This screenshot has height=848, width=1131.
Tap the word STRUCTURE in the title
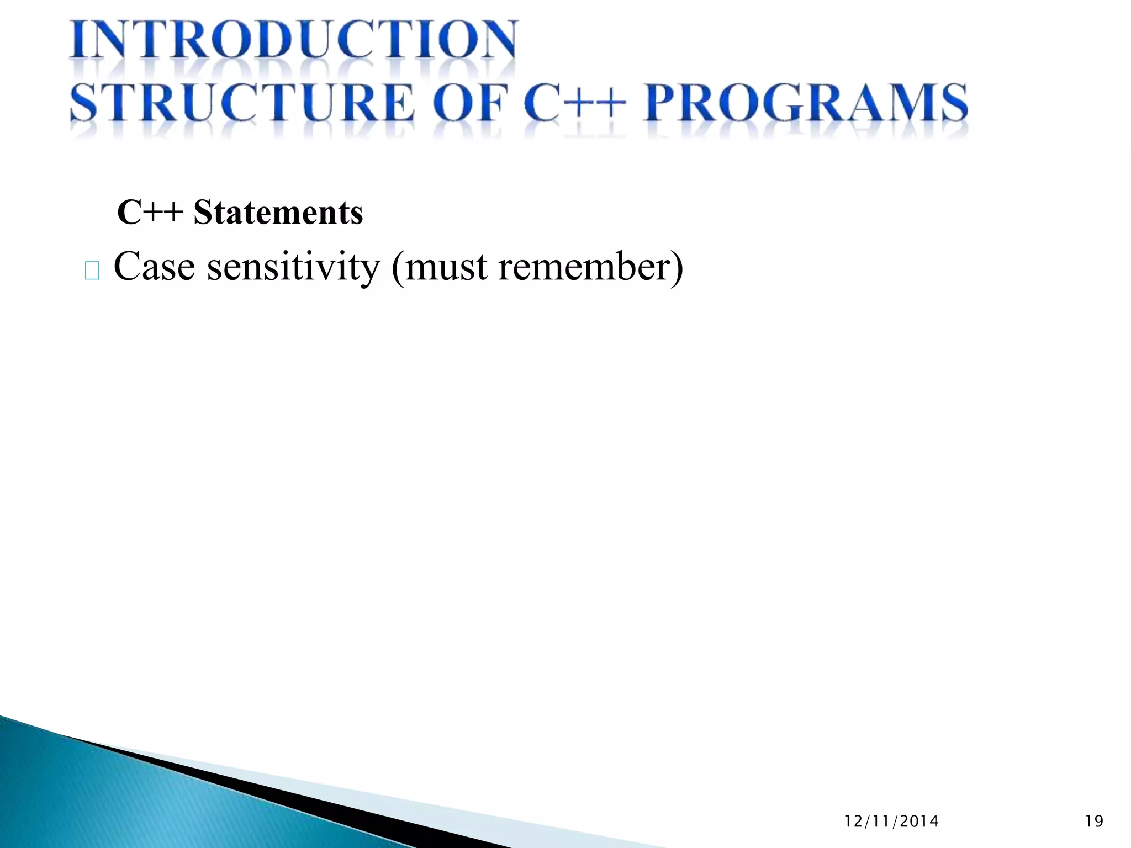(x=242, y=103)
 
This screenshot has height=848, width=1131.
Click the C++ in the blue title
(x=574, y=103)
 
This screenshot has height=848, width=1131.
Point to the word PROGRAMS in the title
(x=806, y=103)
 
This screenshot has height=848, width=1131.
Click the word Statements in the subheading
(x=278, y=213)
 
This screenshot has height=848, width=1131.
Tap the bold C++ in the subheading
(x=150, y=213)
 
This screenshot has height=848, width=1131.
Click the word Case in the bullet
(x=154, y=267)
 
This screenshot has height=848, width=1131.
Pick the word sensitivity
(x=293, y=267)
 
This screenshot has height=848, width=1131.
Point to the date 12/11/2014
(x=891, y=821)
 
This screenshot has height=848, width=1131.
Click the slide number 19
(x=1094, y=821)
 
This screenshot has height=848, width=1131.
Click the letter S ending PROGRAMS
(x=953, y=103)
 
